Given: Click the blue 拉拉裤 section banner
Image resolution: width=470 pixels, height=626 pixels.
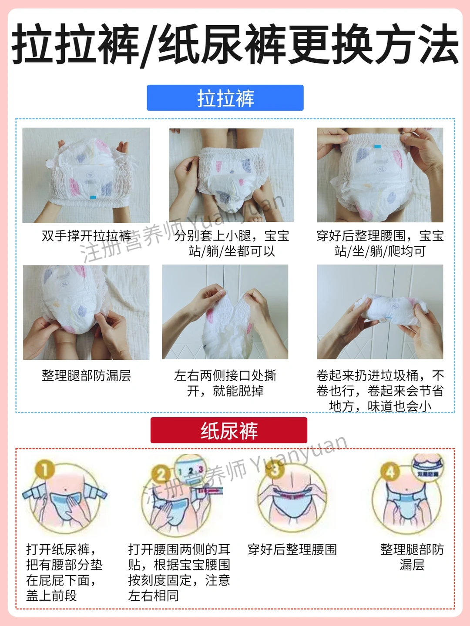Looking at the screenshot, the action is pos(225,97).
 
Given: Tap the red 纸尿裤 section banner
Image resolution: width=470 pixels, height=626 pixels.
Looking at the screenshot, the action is pos(229,430).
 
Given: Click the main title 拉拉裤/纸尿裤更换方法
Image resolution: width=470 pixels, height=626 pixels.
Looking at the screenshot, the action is pos(235,44).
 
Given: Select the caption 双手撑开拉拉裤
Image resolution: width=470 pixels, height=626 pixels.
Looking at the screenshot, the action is pos(86,236).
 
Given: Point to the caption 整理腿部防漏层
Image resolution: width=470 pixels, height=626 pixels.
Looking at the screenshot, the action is pos(86,375).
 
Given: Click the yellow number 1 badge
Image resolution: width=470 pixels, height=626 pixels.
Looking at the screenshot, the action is pos(45,469).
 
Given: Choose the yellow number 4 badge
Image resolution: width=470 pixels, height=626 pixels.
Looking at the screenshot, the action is pos(390,472).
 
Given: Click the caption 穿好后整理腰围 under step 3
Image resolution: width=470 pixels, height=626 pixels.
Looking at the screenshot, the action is pos(292,549).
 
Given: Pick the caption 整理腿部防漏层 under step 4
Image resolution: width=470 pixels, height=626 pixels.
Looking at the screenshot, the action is pos(412,557).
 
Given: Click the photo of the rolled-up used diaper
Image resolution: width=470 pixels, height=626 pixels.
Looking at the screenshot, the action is pos(380,312).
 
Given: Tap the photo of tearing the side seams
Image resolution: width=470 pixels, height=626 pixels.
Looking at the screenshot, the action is pos(225,312).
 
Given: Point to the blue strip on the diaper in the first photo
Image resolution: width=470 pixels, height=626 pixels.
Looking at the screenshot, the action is pos(93,198).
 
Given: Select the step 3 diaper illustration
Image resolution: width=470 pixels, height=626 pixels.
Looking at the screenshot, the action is pos(292,498).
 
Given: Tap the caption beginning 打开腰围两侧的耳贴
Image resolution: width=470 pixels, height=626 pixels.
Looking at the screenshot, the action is pos(179,572).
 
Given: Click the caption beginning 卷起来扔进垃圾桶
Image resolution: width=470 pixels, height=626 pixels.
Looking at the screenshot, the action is pos(380,391).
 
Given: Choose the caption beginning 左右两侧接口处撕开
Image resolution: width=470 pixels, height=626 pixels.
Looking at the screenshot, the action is pos(225,383).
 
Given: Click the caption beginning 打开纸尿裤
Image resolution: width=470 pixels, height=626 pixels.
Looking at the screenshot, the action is pos(64,572).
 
